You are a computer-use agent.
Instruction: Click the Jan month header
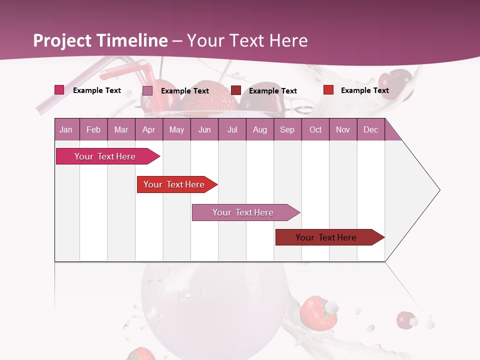(66, 129)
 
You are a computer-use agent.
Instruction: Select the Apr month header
(148, 129)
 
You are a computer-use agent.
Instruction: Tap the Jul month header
(232, 129)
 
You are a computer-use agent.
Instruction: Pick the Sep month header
(287, 129)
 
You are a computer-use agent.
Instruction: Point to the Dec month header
(370, 129)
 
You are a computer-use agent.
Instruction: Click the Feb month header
(93, 129)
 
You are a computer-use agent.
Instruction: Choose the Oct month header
(315, 129)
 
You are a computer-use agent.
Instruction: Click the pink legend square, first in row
(59, 90)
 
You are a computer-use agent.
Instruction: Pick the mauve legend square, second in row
(147, 90)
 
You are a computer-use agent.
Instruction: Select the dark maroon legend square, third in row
(236, 90)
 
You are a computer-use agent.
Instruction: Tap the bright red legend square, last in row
(328, 90)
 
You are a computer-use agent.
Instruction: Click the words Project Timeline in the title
(100, 40)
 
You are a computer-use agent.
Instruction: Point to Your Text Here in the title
(247, 40)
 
